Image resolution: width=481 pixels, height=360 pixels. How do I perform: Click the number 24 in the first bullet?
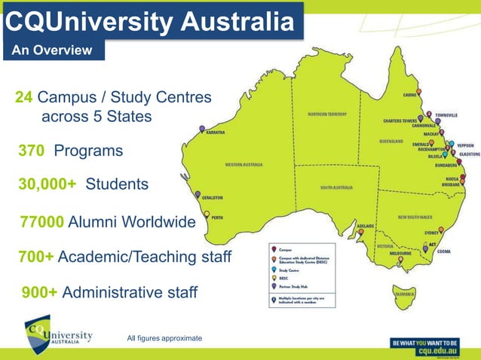(x=23, y=98)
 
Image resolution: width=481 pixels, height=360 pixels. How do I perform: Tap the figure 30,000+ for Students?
(x=46, y=185)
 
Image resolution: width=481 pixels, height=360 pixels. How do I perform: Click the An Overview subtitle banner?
(x=51, y=50)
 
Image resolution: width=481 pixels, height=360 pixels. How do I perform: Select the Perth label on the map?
(x=216, y=218)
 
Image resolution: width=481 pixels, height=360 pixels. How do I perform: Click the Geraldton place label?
(x=213, y=198)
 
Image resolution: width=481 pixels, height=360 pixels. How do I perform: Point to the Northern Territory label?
(x=326, y=114)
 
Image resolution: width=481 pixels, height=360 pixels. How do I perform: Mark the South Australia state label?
(x=337, y=188)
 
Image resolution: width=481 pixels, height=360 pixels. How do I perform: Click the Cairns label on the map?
(x=409, y=96)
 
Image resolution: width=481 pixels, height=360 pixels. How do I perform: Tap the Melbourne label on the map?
(x=400, y=254)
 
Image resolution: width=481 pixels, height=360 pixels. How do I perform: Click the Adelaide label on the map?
(x=366, y=225)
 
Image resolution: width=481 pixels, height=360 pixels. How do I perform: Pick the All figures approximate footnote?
(x=164, y=339)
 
